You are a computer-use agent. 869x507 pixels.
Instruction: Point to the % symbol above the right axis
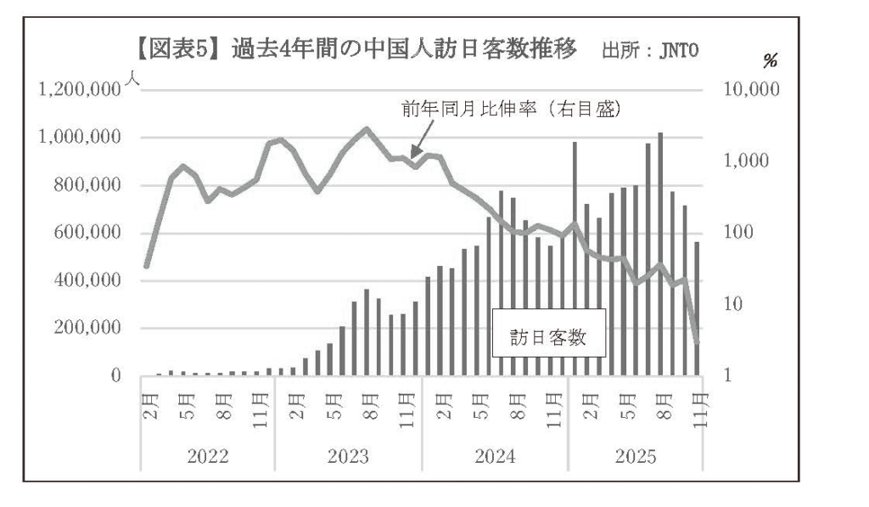click(x=771, y=62)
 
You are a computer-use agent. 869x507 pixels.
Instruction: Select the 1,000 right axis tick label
click(x=743, y=161)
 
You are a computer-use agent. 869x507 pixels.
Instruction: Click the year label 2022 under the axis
click(x=207, y=455)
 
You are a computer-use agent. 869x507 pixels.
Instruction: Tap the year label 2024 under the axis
click(x=495, y=455)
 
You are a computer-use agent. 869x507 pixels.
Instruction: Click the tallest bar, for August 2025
click(x=660, y=255)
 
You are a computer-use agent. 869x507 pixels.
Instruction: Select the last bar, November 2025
click(x=698, y=309)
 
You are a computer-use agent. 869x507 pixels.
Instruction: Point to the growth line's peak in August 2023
click(x=367, y=129)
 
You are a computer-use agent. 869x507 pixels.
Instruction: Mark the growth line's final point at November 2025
click(x=698, y=341)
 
